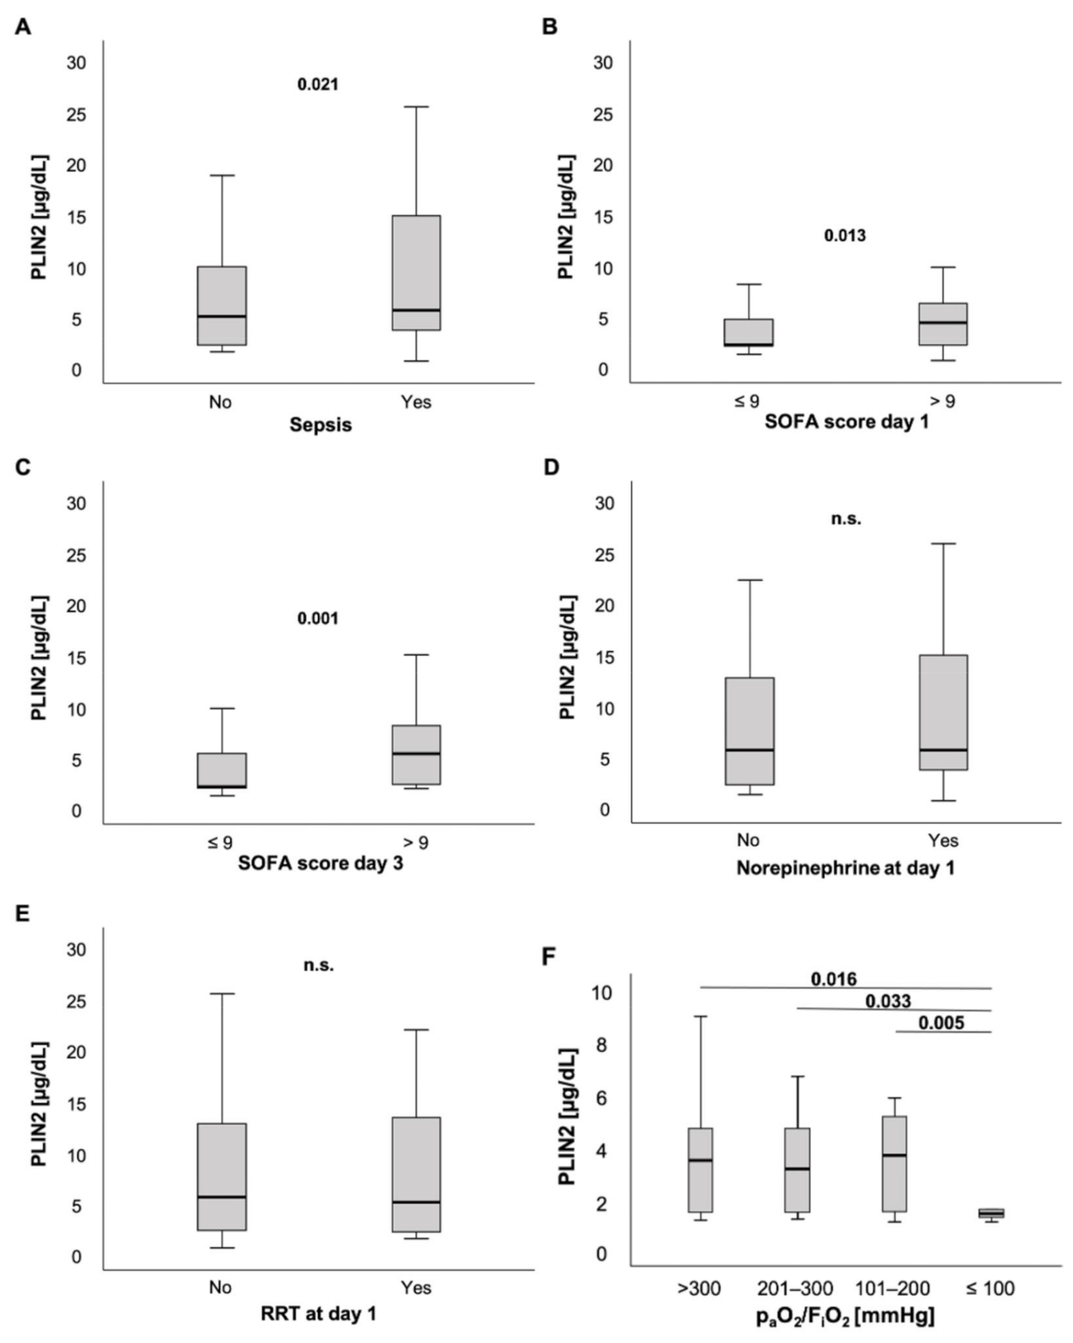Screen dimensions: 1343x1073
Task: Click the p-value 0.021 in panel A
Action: point(317,84)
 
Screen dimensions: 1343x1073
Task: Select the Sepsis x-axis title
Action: point(321,425)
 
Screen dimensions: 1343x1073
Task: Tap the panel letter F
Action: point(550,955)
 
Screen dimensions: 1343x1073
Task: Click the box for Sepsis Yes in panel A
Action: point(415,272)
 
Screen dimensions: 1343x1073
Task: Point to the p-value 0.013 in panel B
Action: point(844,236)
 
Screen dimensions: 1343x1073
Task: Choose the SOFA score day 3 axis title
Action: point(321,864)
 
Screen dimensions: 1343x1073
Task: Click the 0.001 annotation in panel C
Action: point(317,618)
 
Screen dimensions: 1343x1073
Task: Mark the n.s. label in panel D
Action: point(846,519)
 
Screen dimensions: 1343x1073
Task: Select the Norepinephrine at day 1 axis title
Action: point(845,868)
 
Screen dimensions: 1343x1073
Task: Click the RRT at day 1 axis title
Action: point(319,1314)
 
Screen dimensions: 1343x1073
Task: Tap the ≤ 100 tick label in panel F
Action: point(990,1290)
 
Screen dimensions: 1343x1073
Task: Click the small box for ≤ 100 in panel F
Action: point(991,1213)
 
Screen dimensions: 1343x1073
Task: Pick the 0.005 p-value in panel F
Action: point(941,1022)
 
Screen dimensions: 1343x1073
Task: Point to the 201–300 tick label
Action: point(795,1290)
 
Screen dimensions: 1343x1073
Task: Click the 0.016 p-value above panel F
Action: point(833,979)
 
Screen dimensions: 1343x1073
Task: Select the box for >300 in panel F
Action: point(700,1170)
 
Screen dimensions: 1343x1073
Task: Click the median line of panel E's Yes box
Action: point(415,1202)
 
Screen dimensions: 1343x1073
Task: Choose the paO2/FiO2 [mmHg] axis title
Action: point(845,1317)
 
